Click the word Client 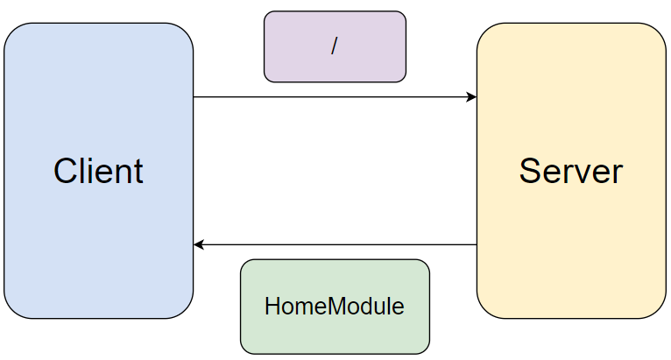pos(98,171)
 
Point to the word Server pos(570,171)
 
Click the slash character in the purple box pos(334,46)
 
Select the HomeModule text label pos(335,307)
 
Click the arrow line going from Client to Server pos(333,96)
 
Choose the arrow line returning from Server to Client pos(333,244)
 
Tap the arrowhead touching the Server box pos(471,96)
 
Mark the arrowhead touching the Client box pos(200,244)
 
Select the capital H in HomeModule pos(272,307)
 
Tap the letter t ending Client pos(138,171)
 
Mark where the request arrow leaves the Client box pos(194,96)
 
